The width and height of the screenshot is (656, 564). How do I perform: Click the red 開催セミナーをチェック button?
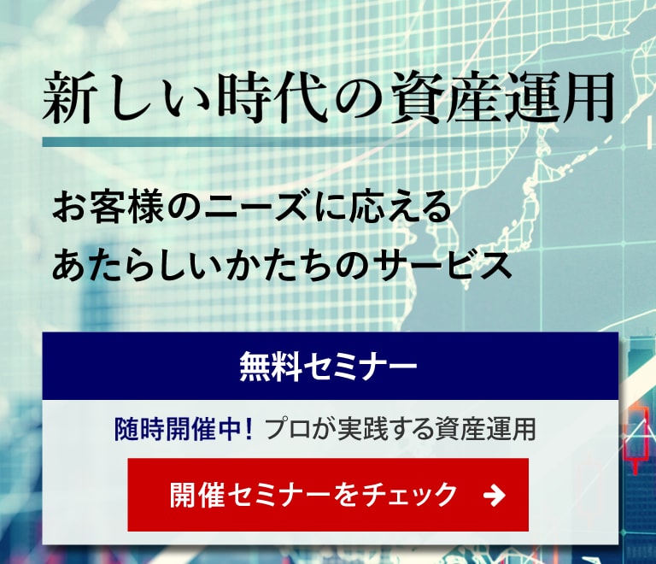pos(328,495)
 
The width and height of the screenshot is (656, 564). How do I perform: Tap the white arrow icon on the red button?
pos(494,496)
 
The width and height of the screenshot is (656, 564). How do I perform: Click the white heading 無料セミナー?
pos(328,366)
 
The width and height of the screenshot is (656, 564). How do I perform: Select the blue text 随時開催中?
pos(184,429)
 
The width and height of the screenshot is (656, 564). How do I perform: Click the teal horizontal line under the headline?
pos(328,142)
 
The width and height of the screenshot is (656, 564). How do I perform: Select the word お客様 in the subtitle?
pos(108,207)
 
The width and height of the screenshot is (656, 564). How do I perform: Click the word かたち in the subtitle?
pos(278,265)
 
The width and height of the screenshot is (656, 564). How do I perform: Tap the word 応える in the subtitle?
pos(401,207)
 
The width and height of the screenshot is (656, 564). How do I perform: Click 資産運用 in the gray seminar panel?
pos(485,429)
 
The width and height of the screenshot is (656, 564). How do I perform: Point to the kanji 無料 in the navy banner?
pos(270,366)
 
